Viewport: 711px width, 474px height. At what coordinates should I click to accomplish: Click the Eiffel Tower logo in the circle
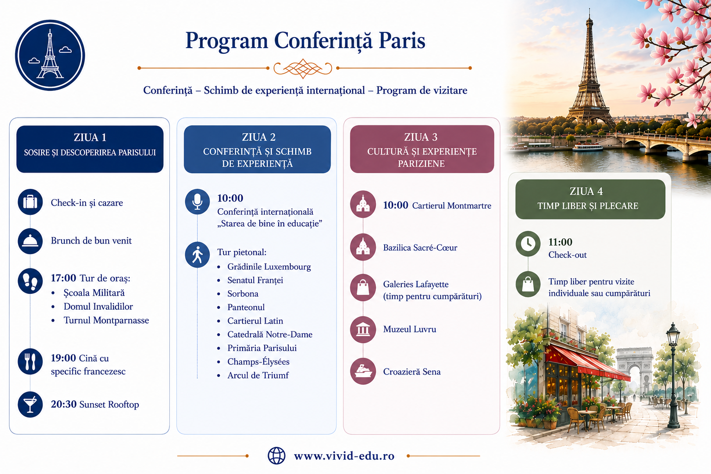[50, 55]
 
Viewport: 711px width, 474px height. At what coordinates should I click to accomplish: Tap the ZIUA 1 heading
[90, 137]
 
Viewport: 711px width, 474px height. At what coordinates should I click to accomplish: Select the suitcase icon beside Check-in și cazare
[30, 202]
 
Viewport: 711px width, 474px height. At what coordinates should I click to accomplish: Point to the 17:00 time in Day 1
[63, 278]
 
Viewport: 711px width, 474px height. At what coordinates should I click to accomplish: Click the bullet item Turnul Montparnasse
[106, 320]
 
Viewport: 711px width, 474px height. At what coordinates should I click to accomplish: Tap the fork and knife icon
[30, 362]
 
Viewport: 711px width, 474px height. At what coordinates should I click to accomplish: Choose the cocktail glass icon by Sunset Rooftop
[30, 405]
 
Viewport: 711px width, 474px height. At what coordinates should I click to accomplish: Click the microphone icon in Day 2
[198, 202]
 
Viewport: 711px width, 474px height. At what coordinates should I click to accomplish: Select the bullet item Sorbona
[243, 293]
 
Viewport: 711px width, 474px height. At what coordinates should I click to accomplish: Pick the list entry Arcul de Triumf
[258, 375]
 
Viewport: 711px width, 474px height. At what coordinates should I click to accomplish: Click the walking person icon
[198, 255]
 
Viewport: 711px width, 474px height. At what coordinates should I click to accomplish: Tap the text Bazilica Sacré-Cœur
[420, 248]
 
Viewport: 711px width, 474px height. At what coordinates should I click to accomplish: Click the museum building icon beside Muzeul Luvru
[363, 330]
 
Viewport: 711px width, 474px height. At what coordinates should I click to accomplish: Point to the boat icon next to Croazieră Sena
[363, 371]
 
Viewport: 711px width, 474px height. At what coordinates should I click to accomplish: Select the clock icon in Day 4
[528, 244]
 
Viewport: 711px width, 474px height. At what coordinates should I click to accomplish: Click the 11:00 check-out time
[560, 242]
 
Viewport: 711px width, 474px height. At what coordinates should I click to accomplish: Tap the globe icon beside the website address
[276, 456]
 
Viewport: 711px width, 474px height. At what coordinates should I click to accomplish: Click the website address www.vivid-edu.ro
[344, 456]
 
